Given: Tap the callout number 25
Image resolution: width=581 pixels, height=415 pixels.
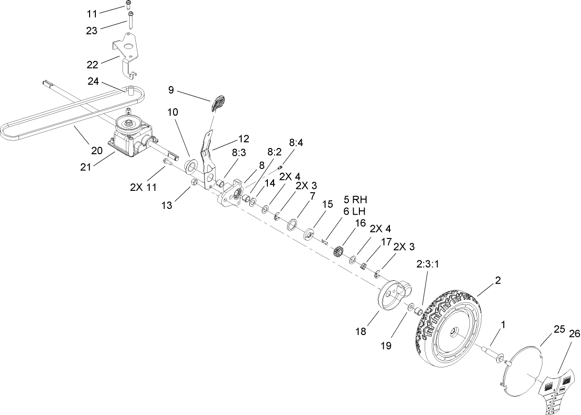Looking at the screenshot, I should [546, 328].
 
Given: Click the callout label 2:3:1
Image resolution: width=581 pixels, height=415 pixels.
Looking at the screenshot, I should [427, 264].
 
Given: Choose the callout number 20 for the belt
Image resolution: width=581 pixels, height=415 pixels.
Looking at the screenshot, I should [96, 150].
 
